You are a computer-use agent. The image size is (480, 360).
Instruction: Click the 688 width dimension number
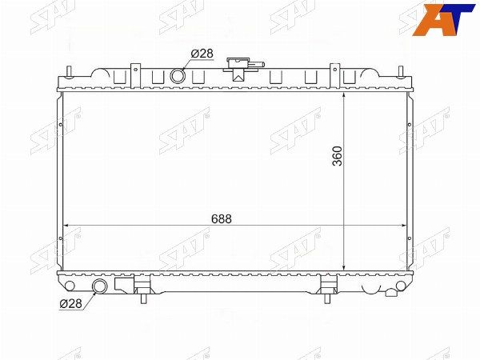[x=222, y=219]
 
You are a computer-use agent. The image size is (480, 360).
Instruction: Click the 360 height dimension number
[x=338, y=156]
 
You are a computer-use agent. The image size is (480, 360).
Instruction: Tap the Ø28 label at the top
[x=202, y=54]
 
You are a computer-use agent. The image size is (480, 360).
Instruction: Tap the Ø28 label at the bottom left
[x=71, y=303]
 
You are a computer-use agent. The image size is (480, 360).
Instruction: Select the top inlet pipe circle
[x=178, y=76]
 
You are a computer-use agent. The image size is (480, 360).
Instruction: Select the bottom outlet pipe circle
[x=99, y=286]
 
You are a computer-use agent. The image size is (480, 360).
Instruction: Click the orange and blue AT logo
[x=443, y=19]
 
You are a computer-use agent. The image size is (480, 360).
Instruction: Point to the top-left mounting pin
[x=70, y=72]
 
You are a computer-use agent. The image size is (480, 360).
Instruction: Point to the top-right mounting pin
[x=401, y=72]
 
